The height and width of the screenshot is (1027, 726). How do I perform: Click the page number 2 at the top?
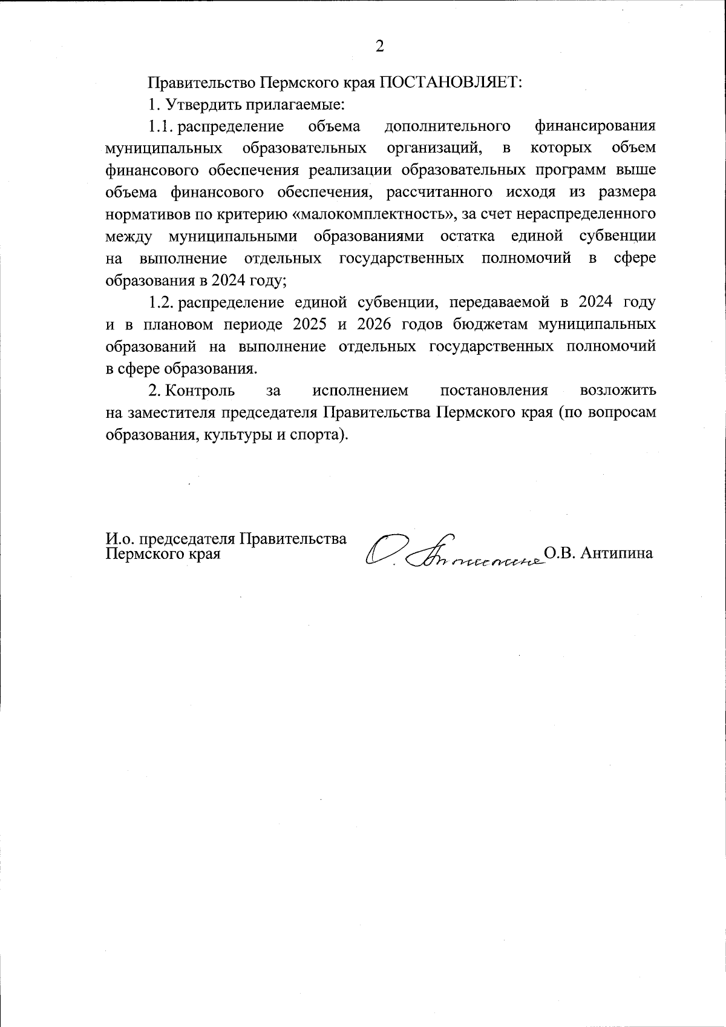tap(379, 47)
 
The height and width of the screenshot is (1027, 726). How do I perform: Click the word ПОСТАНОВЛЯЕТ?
tap(450, 82)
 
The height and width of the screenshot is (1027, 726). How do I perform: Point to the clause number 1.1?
tap(162, 127)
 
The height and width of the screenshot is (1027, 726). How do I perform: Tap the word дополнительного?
tap(447, 127)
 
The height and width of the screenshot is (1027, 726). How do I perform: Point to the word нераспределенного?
tap(587, 214)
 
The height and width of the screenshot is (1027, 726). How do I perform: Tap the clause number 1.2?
tap(162, 302)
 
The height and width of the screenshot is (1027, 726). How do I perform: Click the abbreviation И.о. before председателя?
tap(120, 540)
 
